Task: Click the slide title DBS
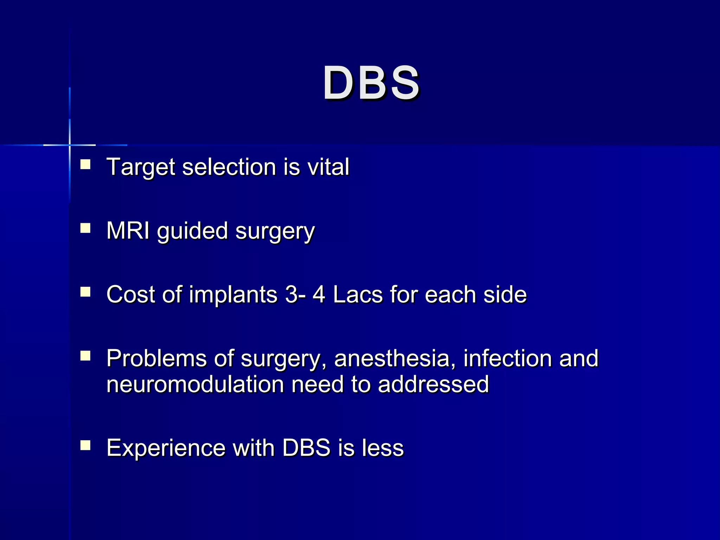click(371, 84)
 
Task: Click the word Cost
click(130, 294)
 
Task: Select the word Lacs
click(358, 294)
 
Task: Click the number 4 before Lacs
click(319, 294)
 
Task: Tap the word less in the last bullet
click(383, 448)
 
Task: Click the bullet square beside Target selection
click(85, 165)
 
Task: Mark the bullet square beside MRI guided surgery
click(85, 229)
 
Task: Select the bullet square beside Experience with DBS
click(85, 445)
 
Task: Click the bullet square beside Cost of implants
click(85, 292)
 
